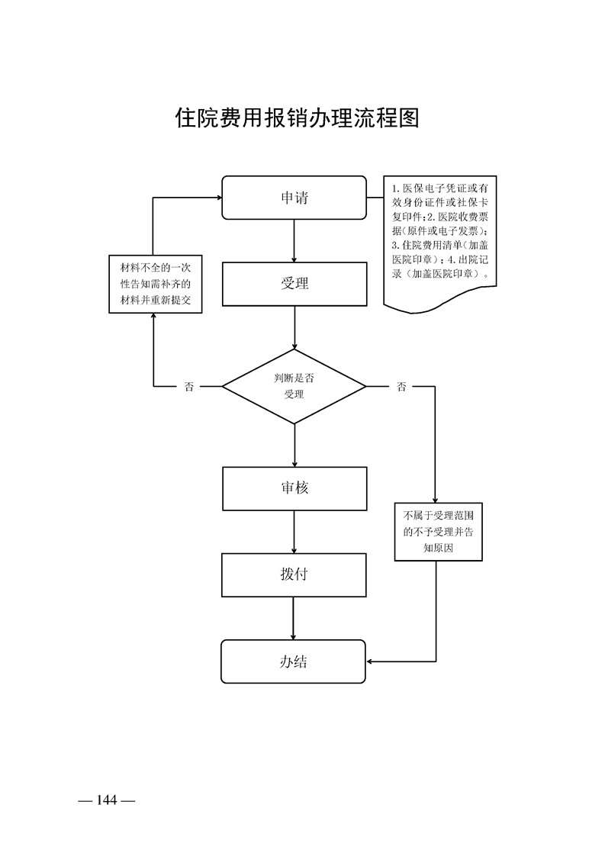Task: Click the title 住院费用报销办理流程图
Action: pyautogui.click(x=298, y=118)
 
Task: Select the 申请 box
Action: pyautogui.click(x=294, y=198)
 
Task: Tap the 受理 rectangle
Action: pyautogui.click(x=294, y=284)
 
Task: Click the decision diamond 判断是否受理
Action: pyautogui.click(x=294, y=386)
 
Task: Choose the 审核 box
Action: pyautogui.click(x=294, y=488)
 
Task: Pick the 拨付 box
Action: pyautogui.click(x=294, y=575)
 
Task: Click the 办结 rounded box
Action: pyautogui.click(x=294, y=661)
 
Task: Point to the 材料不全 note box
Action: pyautogui.click(x=155, y=284)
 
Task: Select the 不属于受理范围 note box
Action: pyautogui.click(x=439, y=532)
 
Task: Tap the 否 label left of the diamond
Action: pyautogui.click(x=188, y=387)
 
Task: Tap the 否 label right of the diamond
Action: pyautogui.click(x=401, y=387)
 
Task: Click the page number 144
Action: pyautogui.click(x=106, y=800)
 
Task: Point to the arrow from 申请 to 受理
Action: pyautogui.click(x=294, y=241)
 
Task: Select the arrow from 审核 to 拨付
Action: pyautogui.click(x=294, y=532)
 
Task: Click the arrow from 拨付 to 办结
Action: pyautogui.click(x=294, y=618)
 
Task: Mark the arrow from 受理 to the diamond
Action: pyautogui.click(x=294, y=328)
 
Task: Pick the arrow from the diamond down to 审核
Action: pyautogui.click(x=294, y=445)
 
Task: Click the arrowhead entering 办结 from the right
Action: pyautogui.click(x=372, y=661)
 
